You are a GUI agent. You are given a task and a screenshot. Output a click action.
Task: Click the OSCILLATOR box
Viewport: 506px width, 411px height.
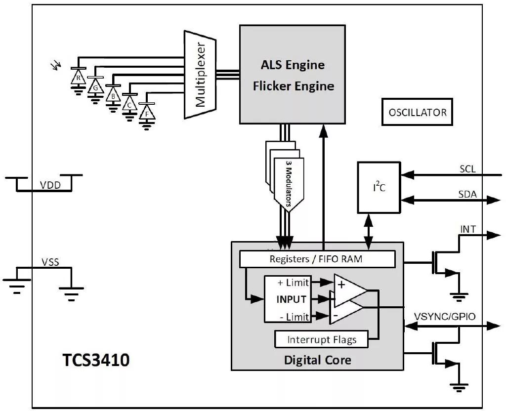pos(417,112)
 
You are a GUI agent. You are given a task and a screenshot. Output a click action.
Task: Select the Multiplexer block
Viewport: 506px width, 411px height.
pos(201,75)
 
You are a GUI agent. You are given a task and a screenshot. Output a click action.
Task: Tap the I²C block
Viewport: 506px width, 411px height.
pos(379,187)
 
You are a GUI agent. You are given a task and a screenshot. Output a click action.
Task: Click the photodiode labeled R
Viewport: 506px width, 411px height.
pos(78,77)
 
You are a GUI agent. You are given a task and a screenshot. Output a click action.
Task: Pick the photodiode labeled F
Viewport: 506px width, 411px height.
pos(146,113)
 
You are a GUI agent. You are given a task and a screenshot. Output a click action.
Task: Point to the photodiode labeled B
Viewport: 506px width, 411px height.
pos(113,95)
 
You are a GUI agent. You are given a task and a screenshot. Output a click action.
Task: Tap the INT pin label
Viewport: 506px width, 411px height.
pos(468,229)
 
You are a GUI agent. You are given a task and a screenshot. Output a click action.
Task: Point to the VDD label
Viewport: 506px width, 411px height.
pos(49,185)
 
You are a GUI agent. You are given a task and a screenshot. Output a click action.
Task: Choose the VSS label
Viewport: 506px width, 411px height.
pos(49,262)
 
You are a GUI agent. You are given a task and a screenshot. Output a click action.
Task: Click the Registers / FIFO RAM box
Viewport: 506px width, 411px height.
pos(316,259)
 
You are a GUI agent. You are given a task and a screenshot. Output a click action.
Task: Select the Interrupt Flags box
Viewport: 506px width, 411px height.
pos(321,340)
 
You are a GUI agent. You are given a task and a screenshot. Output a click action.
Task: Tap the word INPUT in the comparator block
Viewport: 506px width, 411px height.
pos(291,299)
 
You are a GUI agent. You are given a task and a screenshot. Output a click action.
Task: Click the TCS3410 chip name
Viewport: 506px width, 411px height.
pos(96,360)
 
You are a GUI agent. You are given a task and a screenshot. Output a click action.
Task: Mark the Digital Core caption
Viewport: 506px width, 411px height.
pos(317,360)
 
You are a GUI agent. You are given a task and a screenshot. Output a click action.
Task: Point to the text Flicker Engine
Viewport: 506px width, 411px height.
pos(294,86)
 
